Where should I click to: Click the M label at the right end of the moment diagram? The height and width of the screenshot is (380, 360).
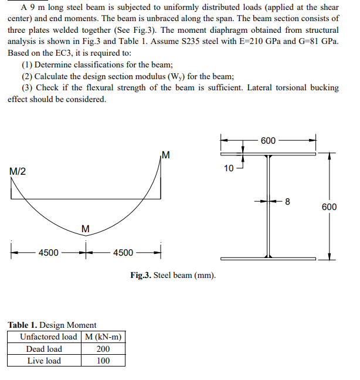point(165,155)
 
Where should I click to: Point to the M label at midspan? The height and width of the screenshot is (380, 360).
point(86,228)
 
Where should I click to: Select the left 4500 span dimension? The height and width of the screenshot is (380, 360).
point(48,253)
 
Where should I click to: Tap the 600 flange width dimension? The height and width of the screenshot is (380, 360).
point(268,141)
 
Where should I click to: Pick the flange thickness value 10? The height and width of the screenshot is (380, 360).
point(229,168)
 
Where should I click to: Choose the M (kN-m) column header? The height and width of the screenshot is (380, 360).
point(103,337)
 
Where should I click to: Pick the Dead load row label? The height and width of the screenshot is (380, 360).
point(44,349)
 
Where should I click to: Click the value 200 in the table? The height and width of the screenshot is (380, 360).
point(103,349)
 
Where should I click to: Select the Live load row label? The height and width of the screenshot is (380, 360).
point(44,361)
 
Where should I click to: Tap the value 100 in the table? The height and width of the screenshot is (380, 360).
point(103,361)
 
